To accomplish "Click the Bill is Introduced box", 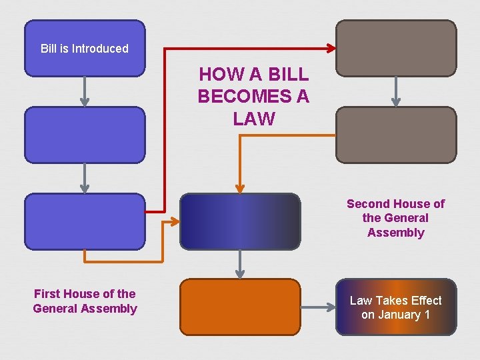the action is [85, 48].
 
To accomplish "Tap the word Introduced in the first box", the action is [100, 49].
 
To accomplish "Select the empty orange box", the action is [240, 307].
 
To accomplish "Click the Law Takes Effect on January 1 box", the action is [396, 307].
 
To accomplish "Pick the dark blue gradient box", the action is [240, 221].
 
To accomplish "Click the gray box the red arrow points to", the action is [396, 48].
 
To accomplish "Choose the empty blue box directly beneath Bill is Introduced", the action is [85, 135].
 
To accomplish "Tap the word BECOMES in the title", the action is [253, 97].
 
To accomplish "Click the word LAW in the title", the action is [254, 119].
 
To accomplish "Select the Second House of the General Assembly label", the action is [395, 218].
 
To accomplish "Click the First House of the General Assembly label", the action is [85, 301].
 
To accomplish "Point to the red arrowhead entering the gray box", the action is [331, 48].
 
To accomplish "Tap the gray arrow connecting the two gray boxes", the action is [396, 92].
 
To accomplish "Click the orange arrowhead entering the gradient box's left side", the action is [175, 221].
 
